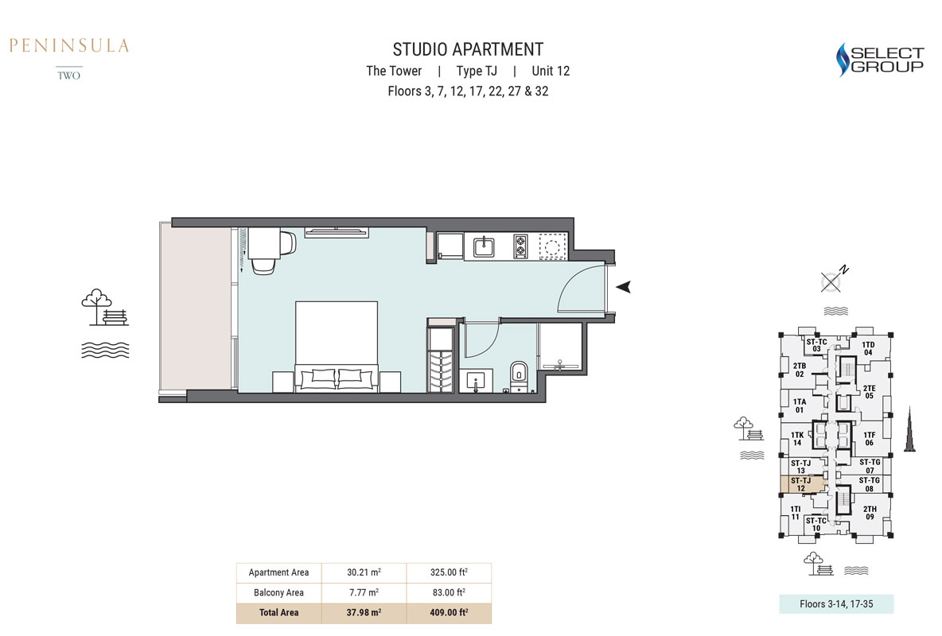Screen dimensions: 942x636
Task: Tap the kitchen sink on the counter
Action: click(x=484, y=246)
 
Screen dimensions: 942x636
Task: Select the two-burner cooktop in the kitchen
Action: click(x=520, y=246)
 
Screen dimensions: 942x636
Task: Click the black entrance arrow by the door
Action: click(x=624, y=287)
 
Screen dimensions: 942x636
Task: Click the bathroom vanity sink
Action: click(x=477, y=381)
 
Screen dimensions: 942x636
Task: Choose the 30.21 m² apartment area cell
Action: click(x=364, y=572)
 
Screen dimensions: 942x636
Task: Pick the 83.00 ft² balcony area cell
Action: click(x=450, y=592)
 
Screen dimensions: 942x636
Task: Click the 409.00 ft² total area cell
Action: click(x=450, y=613)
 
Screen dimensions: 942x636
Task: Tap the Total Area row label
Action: click(x=278, y=613)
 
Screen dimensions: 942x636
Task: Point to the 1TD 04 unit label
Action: click(x=868, y=348)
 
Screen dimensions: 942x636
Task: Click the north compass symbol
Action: click(x=833, y=279)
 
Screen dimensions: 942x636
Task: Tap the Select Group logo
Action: click(x=879, y=60)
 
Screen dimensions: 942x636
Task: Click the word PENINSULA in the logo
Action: click(x=69, y=45)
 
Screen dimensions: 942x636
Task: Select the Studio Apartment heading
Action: click(x=468, y=49)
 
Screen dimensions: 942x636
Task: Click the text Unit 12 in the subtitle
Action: click(x=551, y=71)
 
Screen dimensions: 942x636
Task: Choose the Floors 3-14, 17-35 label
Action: click(x=836, y=604)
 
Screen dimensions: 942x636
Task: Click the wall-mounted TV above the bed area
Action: click(x=337, y=232)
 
